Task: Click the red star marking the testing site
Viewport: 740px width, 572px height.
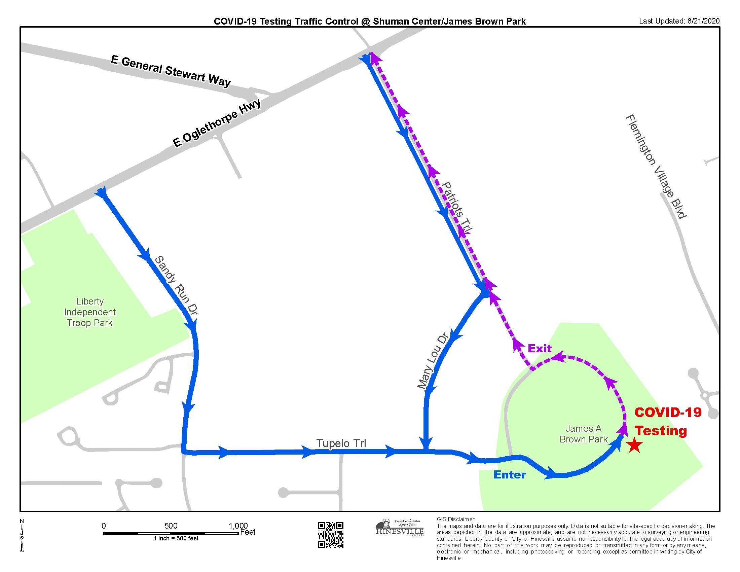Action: pos(634,445)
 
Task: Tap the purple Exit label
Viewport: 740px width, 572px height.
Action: pos(540,348)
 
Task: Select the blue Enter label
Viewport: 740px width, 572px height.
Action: pos(509,475)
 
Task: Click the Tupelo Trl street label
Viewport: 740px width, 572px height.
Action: pos(341,443)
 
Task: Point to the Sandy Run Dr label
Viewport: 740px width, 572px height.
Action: pos(176,285)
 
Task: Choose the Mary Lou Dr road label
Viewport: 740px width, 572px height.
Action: pos(433,361)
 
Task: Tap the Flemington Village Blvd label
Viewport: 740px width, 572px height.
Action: pos(656,166)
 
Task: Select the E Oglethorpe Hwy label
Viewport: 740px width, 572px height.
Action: pos(217,123)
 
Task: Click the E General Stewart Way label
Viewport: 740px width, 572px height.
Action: pos(171,71)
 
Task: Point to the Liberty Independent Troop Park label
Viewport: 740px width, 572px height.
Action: pos(90,312)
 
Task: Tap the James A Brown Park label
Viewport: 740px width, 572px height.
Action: pos(584,434)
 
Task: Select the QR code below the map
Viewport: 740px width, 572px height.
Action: pos(330,535)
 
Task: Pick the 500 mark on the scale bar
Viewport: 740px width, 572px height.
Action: pos(171,526)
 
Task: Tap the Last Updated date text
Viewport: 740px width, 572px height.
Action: pos(679,21)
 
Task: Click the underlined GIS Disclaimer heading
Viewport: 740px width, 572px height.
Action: pos(455,519)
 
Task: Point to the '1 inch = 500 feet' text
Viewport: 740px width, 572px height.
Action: pos(176,538)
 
